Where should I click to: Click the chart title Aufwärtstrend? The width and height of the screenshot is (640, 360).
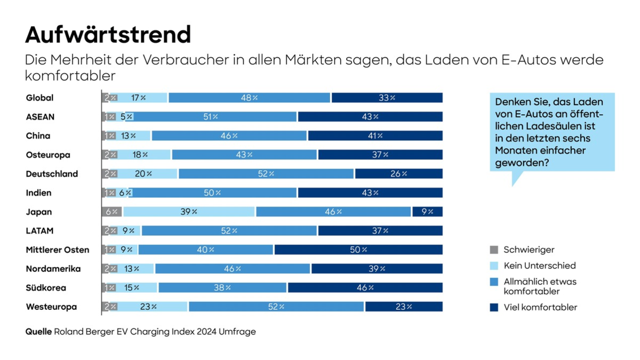tap(108, 35)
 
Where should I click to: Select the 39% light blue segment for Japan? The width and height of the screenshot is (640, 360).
tap(189, 212)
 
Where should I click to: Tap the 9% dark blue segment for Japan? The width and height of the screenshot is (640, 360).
tap(427, 212)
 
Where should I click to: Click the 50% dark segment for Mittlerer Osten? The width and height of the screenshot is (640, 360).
tap(358, 250)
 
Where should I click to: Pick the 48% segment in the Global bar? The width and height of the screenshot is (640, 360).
tap(249, 98)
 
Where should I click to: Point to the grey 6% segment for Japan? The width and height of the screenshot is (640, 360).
tap(112, 212)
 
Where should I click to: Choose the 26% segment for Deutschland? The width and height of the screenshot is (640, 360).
tap(398, 174)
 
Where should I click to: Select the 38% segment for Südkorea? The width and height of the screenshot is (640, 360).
tap(222, 288)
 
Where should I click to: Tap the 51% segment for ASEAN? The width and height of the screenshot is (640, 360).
tap(211, 117)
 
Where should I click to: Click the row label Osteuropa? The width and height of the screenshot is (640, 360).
tap(48, 155)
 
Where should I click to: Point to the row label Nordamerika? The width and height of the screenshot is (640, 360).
tap(53, 269)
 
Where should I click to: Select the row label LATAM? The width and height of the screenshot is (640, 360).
tap(39, 231)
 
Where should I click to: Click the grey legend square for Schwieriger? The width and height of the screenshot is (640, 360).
tap(494, 250)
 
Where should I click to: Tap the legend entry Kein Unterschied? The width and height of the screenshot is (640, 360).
tap(539, 266)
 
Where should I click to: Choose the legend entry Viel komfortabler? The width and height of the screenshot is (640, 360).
tap(540, 307)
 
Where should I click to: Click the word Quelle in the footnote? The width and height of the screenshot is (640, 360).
tap(38, 332)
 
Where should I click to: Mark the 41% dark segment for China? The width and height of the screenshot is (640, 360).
tap(375, 136)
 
